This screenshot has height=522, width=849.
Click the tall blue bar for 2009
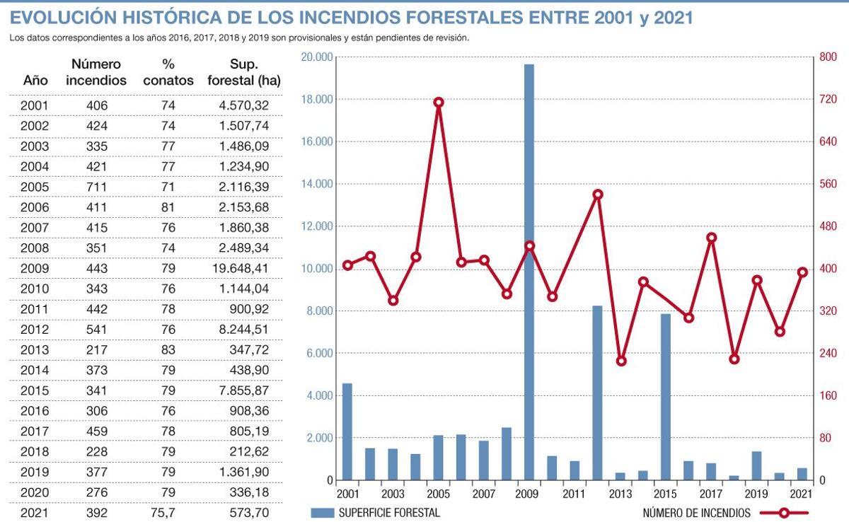tap(529, 272)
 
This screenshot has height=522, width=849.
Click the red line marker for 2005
tap(439, 103)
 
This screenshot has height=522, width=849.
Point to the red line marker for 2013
tap(621, 361)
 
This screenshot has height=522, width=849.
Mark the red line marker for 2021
tap(802, 272)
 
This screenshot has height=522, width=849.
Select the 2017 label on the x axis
tap(710, 494)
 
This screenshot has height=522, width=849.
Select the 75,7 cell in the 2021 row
tap(168, 512)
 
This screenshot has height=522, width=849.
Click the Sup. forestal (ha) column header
tap(244, 73)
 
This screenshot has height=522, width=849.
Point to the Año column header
tap(35, 81)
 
